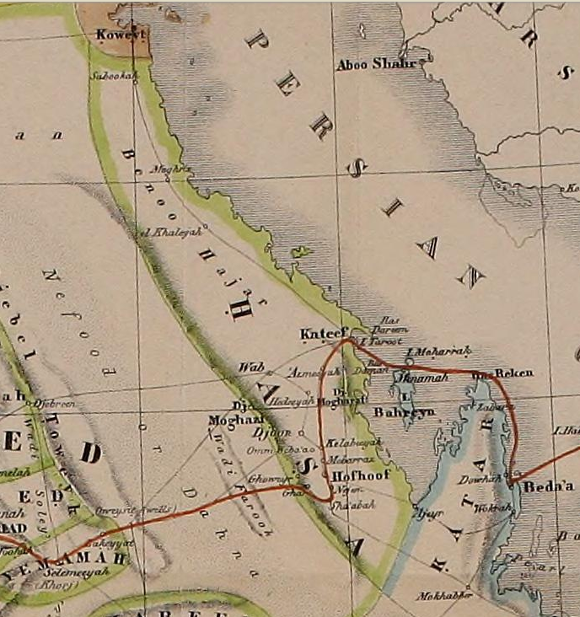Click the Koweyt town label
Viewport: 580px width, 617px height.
point(122,35)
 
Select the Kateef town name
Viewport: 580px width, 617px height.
point(320,335)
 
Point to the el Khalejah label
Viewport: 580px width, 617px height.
point(169,231)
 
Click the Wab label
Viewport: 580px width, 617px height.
point(246,367)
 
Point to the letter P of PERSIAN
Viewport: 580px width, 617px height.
point(253,40)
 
